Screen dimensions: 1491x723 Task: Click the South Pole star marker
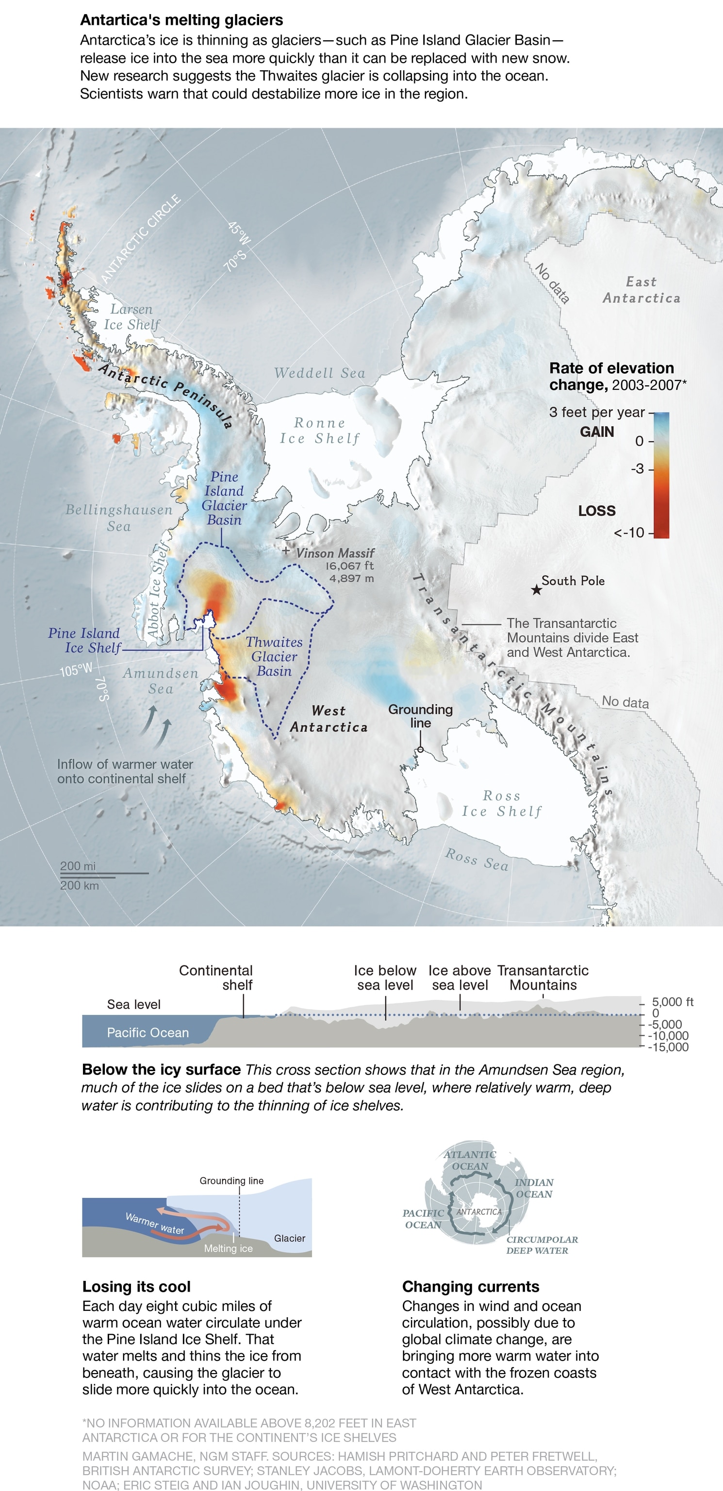click(x=537, y=590)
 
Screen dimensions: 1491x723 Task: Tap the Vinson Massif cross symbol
click(x=285, y=551)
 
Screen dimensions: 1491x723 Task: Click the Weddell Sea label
click(x=320, y=373)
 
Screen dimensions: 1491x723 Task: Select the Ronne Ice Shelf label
click(x=320, y=431)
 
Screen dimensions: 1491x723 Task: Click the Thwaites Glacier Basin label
click(x=274, y=656)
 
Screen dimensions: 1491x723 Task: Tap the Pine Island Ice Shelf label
click(x=84, y=641)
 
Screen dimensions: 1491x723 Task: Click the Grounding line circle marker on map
click(x=420, y=749)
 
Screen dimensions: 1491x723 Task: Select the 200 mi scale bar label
click(x=78, y=866)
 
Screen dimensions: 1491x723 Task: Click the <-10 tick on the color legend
click(x=629, y=532)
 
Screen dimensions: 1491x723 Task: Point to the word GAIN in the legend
click(x=597, y=432)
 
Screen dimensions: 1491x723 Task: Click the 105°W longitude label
click(x=76, y=670)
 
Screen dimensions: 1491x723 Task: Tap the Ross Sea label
click(x=477, y=860)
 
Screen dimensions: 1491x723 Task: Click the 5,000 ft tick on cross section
click(x=672, y=1002)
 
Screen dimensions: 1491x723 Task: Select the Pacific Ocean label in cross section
click(x=148, y=1033)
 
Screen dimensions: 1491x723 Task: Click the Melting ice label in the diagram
click(x=228, y=1248)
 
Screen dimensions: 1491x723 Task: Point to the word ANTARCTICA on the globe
click(x=479, y=1211)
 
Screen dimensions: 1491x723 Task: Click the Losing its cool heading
click(x=137, y=1287)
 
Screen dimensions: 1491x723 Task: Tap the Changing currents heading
click(x=471, y=1287)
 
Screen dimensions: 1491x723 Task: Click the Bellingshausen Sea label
click(x=119, y=517)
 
